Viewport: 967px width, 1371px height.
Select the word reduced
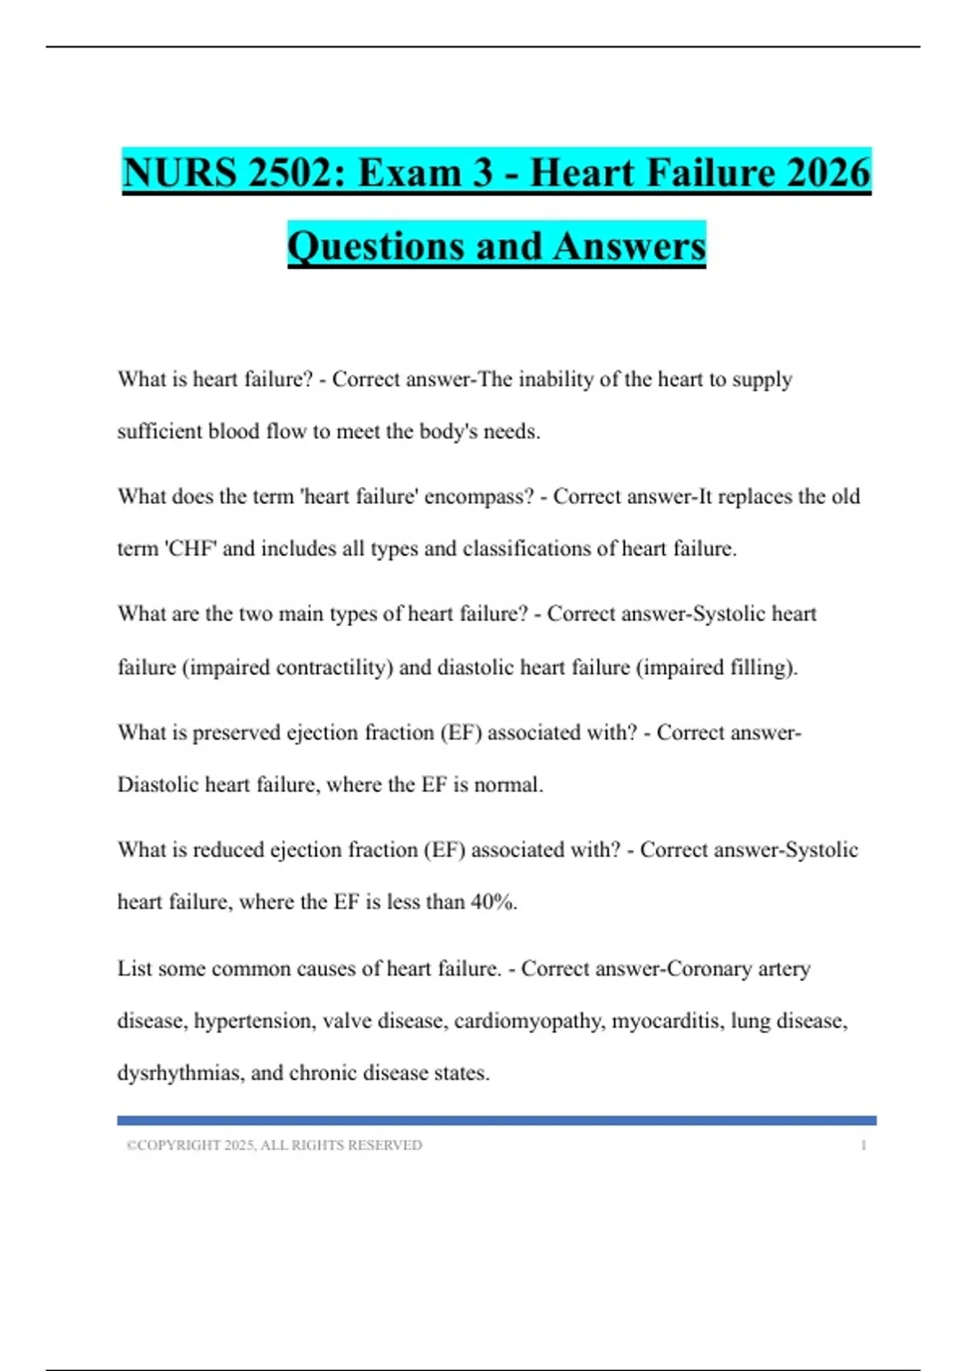pyautogui.click(x=228, y=850)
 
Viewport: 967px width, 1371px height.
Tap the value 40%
pyautogui.click(x=493, y=902)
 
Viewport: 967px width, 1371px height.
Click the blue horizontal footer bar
pyautogui.click(x=496, y=1120)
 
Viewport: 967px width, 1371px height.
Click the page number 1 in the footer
pyautogui.click(x=863, y=1145)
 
